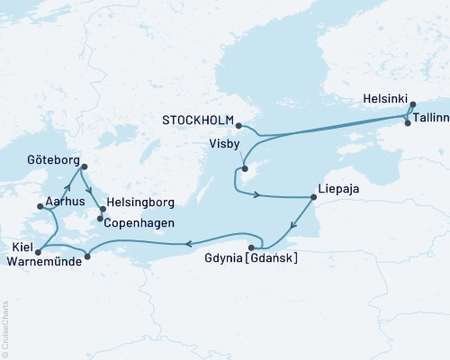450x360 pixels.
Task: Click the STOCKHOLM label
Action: click(x=197, y=118)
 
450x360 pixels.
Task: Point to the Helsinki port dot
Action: click(x=413, y=105)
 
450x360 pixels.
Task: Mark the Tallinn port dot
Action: click(x=408, y=122)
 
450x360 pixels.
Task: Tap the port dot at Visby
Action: click(x=243, y=167)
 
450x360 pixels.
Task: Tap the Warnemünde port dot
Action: click(x=87, y=257)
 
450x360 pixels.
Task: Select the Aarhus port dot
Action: click(x=40, y=207)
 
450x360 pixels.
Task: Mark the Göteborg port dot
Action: click(x=84, y=166)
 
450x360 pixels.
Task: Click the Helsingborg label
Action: click(x=139, y=203)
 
